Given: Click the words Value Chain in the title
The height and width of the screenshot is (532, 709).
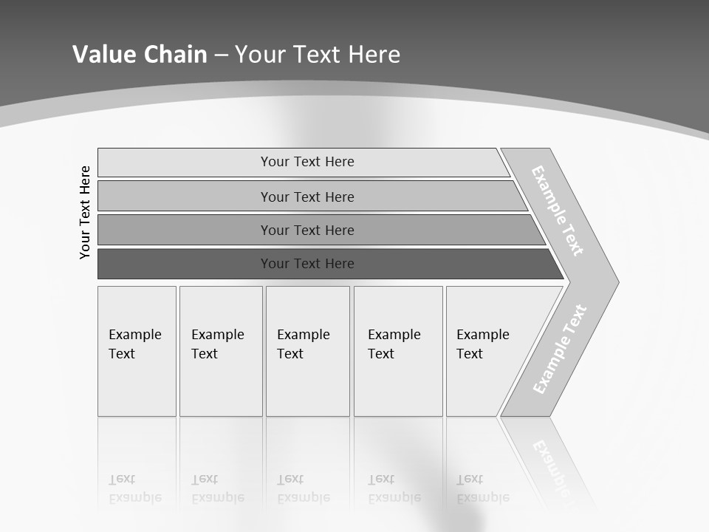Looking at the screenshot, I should click(140, 55).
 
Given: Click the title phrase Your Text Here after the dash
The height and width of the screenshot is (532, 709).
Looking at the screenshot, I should click(318, 55).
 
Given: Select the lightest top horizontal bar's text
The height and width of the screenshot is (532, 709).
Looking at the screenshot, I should click(307, 162).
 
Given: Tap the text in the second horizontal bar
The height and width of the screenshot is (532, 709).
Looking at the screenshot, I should click(307, 197).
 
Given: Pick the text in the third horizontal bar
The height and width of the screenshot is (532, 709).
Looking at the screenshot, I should click(307, 231).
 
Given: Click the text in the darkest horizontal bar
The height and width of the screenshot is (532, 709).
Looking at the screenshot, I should click(307, 264).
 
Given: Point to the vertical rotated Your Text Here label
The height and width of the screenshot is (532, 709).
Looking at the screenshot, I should click(85, 212).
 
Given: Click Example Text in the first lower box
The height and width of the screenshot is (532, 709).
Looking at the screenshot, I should click(134, 344).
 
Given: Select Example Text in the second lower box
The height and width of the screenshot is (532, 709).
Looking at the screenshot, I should click(217, 344).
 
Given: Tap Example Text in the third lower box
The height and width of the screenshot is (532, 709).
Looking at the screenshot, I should click(303, 344).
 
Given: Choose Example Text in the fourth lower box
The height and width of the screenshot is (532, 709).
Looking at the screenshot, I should click(394, 344).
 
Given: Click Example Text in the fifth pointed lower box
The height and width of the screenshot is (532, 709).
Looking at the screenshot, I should click(482, 344).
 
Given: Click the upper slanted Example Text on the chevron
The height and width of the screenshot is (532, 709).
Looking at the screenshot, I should click(558, 211).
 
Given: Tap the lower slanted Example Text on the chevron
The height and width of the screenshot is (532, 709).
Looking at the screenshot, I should click(560, 349).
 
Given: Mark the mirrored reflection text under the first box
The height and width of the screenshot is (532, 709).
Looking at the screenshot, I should click(134, 488).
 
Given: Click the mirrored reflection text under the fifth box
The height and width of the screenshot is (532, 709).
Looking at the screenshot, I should click(482, 488).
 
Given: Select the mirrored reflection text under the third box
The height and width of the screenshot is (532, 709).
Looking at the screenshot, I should click(303, 488).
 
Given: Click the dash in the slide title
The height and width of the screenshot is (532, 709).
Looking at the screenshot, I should click(221, 55).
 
